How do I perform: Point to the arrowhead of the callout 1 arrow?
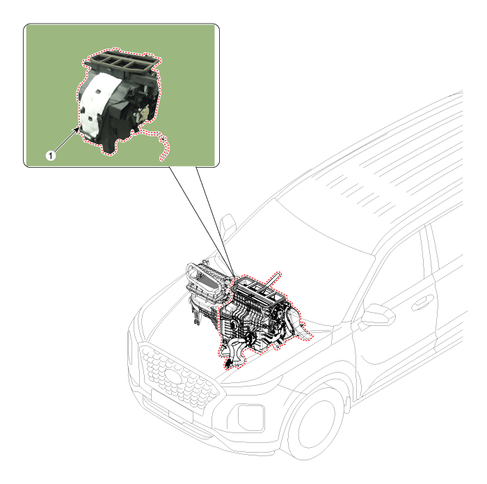coord(77,127)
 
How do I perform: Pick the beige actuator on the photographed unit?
coord(145,111)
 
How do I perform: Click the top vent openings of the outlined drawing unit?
coord(261,286)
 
